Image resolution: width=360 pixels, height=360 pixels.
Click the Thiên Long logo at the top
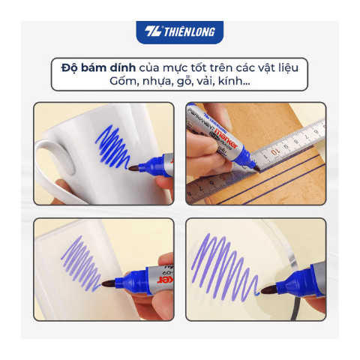tap(179, 32)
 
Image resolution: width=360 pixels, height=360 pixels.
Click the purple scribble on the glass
tap(233, 262)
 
